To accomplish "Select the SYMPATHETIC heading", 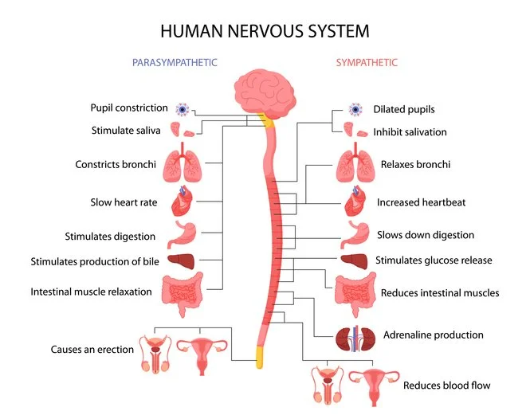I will coord(367,62).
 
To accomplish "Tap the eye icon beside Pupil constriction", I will coord(183,109).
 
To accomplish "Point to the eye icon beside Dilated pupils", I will coord(355,109).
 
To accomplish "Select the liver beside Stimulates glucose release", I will coord(354,260).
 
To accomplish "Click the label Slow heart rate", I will coord(124,202).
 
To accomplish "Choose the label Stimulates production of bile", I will coord(92,261).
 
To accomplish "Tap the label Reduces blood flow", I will coord(446,386).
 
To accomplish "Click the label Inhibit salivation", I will coord(410,131).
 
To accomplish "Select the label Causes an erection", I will coord(92,349).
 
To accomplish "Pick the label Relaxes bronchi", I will coord(415,165).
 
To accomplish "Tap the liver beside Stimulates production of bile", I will coord(182,261).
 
